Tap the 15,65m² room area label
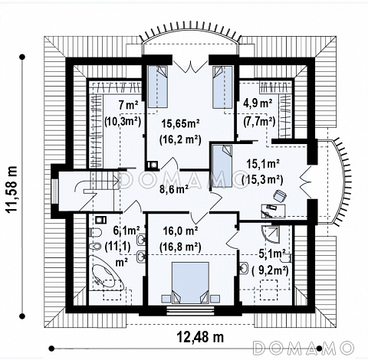[181, 123]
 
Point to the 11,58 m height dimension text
[11, 188]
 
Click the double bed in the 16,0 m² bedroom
[190, 283]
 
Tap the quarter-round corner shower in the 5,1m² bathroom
[270, 234]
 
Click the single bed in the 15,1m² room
[222, 166]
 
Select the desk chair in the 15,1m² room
[280, 196]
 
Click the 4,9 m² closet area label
[258, 104]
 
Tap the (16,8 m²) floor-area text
[180, 247]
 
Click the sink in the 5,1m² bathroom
[244, 268]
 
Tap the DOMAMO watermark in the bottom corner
[304, 348]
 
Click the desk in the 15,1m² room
[274, 211]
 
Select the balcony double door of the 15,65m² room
[190, 67]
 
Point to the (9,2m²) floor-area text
[270, 270]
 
